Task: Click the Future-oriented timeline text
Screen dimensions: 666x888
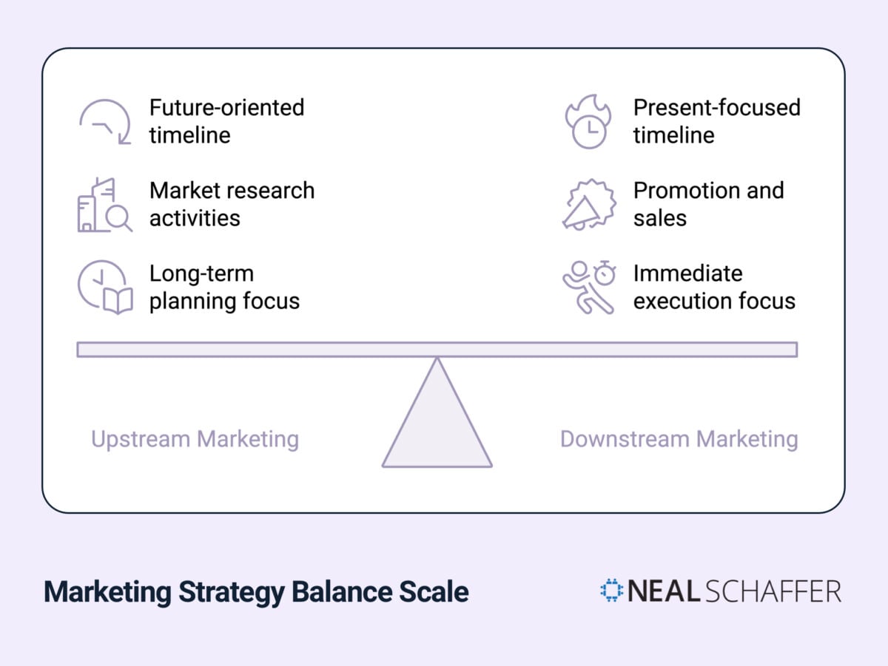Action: (226, 121)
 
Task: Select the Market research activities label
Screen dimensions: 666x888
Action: (232, 204)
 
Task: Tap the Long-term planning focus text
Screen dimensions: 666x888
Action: (224, 287)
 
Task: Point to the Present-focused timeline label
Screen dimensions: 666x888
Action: (716, 121)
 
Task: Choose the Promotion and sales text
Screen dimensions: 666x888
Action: (707, 204)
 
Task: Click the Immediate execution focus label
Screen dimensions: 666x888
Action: (713, 287)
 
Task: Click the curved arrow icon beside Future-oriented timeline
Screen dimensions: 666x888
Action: (105, 121)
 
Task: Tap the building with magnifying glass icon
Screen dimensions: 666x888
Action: (104, 205)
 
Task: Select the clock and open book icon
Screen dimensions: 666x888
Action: (105, 288)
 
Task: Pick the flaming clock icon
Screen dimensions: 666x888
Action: (588, 122)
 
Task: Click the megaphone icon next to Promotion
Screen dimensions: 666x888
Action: (588, 205)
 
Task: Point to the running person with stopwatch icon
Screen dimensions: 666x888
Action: (589, 287)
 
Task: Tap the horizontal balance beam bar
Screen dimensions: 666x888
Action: (437, 350)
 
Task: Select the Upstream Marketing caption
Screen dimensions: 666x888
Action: (195, 439)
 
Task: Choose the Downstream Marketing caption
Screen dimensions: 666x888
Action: (679, 439)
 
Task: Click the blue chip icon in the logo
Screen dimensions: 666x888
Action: (611, 591)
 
